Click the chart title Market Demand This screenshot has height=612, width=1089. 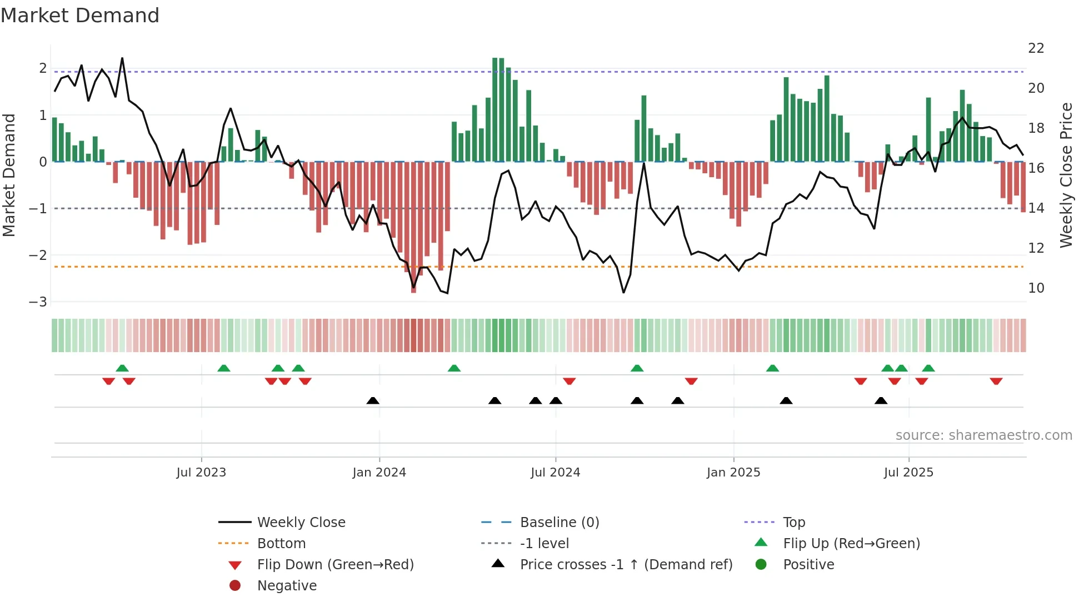[x=80, y=16]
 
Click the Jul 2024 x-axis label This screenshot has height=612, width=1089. [x=555, y=473]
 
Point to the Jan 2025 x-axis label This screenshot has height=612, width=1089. [x=733, y=473]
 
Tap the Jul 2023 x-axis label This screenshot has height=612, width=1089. [x=201, y=473]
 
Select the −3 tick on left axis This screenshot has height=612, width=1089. [x=38, y=302]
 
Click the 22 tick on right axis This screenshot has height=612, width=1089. [x=1036, y=48]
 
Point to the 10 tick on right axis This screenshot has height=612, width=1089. [x=1036, y=288]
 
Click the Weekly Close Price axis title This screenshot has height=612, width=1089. [x=1066, y=175]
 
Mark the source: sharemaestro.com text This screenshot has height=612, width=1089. [x=983, y=435]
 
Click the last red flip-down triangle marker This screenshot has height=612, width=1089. [x=996, y=381]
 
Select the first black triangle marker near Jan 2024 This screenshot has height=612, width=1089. [x=373, y=400]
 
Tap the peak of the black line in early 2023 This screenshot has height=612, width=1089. [x=122, y=58]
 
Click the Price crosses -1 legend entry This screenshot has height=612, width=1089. [x=626, y=565]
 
